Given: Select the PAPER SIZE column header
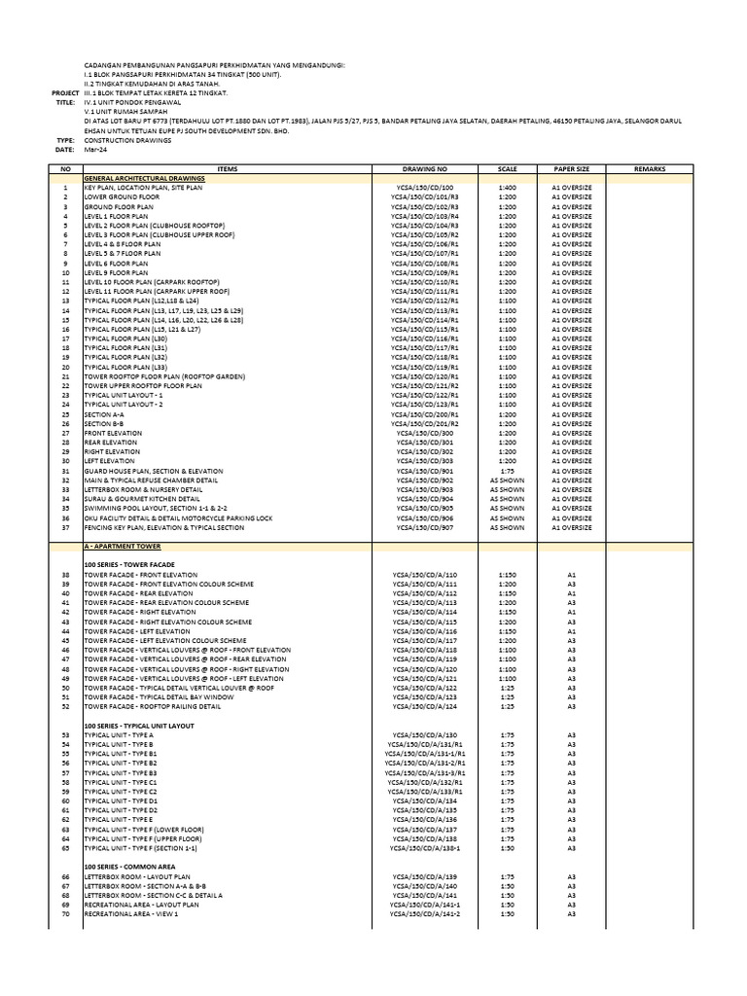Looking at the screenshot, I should point(572,168).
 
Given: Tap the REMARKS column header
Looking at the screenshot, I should point(649,168).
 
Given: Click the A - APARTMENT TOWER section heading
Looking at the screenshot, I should point(124,548).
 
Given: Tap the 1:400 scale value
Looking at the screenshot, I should point(507,188).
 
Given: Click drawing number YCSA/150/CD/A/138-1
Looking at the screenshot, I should point(425,846).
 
